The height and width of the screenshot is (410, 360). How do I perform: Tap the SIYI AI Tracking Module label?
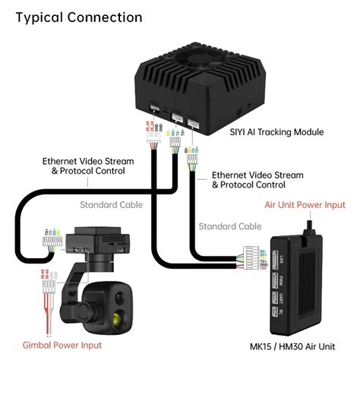[x=276, y=132]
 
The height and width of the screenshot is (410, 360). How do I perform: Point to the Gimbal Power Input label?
[x=62, y=345]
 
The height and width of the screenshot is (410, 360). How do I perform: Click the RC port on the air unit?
[x=274, y=311]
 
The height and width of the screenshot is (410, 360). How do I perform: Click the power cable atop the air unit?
[x=311, y=227]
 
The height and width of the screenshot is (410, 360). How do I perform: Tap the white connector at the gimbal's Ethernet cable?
[x=51, y=241]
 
